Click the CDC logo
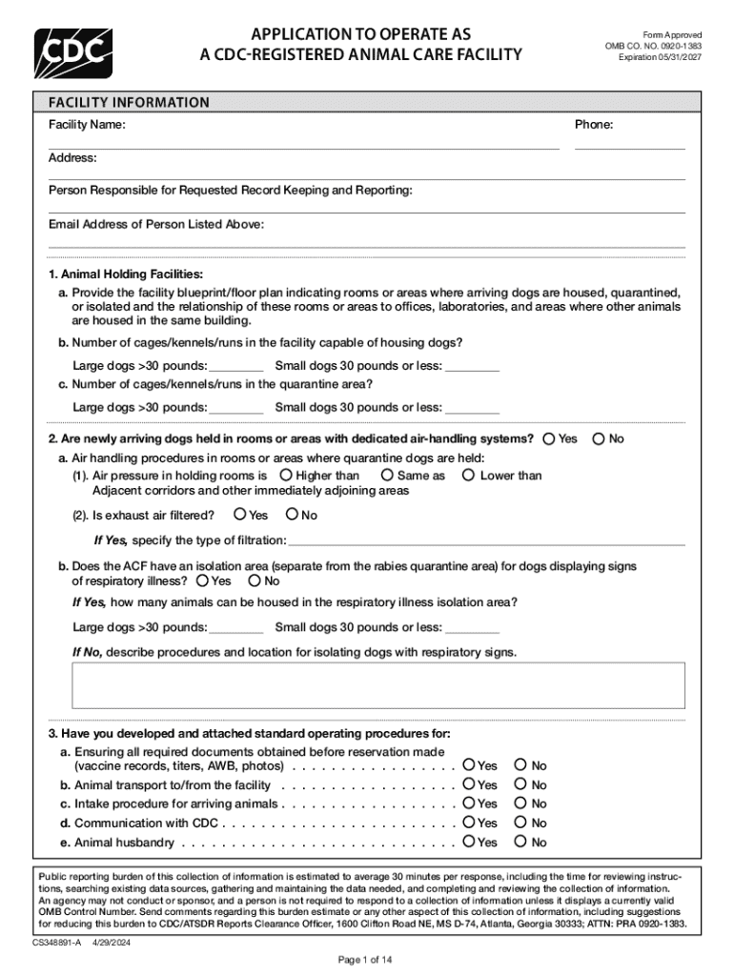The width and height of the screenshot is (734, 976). [73, 54]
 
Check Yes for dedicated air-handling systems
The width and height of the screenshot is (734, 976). [549, 439]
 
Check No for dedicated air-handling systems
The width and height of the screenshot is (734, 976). [599, 439]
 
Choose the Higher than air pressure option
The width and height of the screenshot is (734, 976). [286, 475]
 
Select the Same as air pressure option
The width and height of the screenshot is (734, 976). [387, 475]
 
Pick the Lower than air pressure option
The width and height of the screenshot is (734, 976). [468, 475]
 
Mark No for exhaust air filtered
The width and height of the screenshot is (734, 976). [292, 516]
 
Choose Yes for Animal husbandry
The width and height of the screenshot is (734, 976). [469, 842]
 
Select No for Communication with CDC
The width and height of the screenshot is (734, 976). [520, 823]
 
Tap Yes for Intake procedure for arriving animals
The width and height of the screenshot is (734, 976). [469, 803]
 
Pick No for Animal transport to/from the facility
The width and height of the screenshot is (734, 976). [520, 784]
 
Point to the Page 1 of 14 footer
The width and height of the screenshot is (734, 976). [367, 959]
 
